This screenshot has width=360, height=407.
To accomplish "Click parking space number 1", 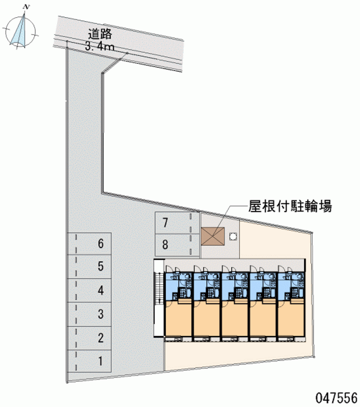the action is [92, 360].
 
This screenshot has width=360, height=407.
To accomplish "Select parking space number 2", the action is [92, 337].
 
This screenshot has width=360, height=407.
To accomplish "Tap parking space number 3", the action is [92, 313].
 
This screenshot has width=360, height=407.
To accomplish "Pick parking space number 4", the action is [92, 290].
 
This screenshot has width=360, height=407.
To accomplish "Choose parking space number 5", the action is [92, 267].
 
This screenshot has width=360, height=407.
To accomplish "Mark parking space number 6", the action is [92, 244].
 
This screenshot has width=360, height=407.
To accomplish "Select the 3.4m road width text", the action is [99, 45].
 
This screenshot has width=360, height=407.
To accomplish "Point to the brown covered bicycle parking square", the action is [212, 236].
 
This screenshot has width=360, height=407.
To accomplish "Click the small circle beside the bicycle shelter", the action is [233, 236].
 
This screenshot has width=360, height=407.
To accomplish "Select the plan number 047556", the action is [335, 397].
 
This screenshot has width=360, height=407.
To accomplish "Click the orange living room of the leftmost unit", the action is [179, 319].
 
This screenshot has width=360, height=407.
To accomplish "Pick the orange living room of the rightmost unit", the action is [291, 319].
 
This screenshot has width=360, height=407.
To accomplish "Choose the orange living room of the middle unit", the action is [235, 319].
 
